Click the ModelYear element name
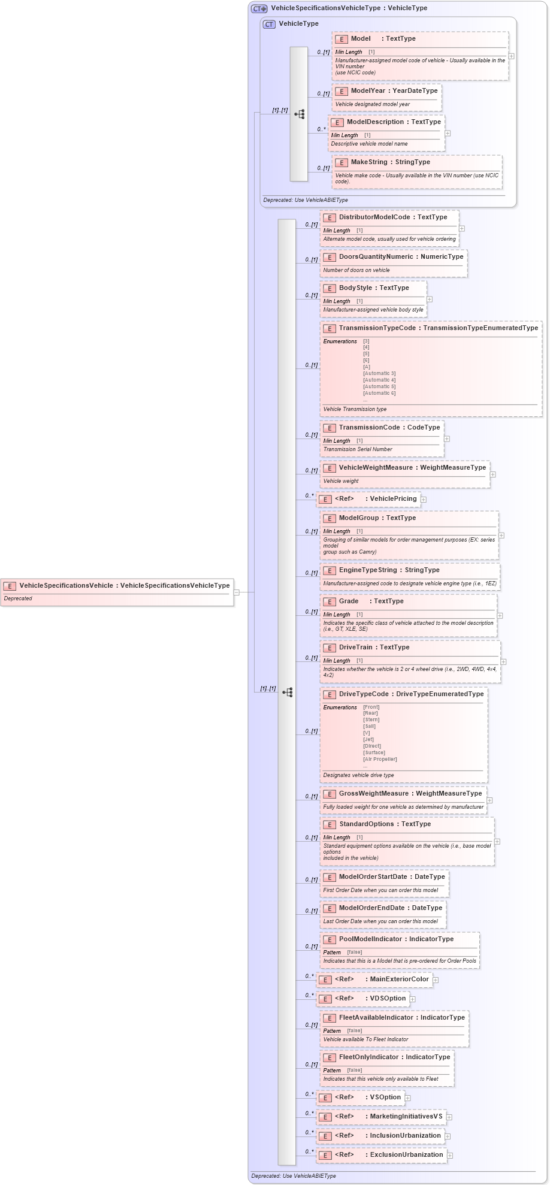pyautogui.click(x=368, y=91)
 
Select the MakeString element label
pyautogui.click(x=369, y=162)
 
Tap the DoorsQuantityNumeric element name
pyautogui.click(x=376, y=257)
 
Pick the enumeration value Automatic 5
pyautogui.click(x=379, y=386)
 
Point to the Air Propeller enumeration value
pyautogui.click(x=380, y=759)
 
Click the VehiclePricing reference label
pyautogui.click(x=393, y=499)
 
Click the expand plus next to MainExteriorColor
pyautogui.click(x=436, y=980)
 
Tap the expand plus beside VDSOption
pyautogui.click(x=412, y=999)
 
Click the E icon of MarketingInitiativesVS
pyautogui.click(x=325, y=1117)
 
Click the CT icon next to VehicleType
pyautogui.click(x=269, y=25)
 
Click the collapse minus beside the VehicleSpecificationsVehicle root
pyautogui.click(x=237, y=592)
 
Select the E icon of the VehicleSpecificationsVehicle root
pyautogui.click(x=10, y=587)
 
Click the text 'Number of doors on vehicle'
pyautogui.click(x=356, y=270)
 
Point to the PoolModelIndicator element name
pyautogui.click(x=370, y=939)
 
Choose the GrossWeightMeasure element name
pyautogui.click(x=374, y=794)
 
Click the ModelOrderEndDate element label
pyautogui.click(x=371, y=908)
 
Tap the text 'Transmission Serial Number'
pyautogui.click(x=358, y=449)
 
